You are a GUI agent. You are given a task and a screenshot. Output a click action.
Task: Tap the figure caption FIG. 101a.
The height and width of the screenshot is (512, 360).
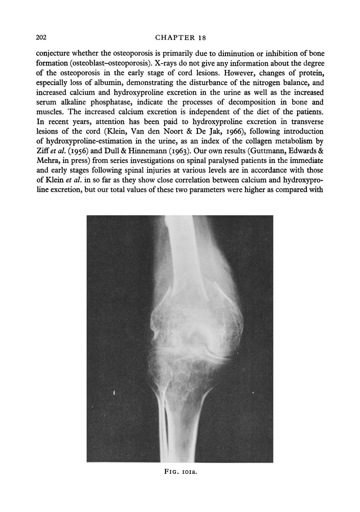(x=180, y=471)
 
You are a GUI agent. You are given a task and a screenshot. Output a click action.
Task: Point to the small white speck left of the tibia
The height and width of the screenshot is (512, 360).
(x=114, y=393)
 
